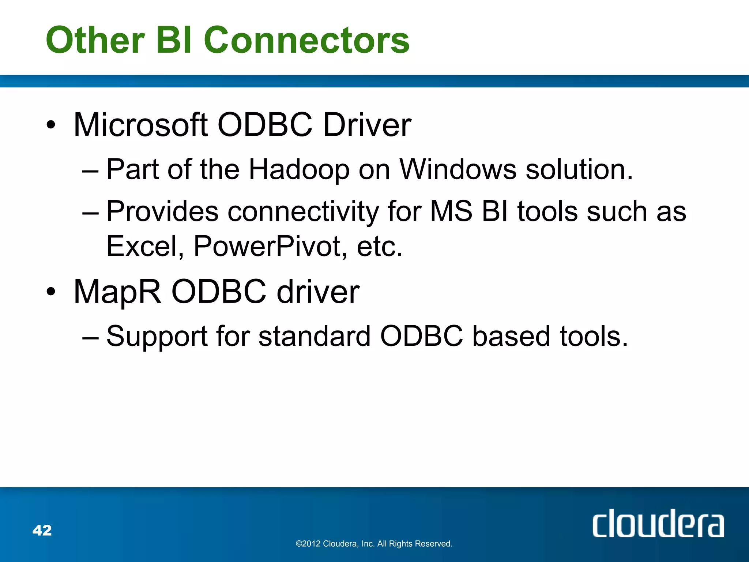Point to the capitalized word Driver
click(367, 125)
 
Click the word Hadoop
click(299, 170)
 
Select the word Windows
click(458, 170)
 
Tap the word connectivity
click(303, 212)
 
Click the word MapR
click(117, 292)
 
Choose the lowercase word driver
click(318, 292)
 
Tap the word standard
click(315, 337)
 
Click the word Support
click(157, 337)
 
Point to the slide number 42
click(42, 531)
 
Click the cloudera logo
click(658, 524)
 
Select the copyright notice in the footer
click(374, 544)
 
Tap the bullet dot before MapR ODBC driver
click(51, 292)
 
